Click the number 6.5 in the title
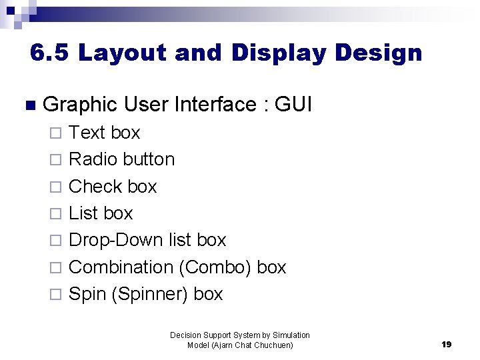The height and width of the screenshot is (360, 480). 49,53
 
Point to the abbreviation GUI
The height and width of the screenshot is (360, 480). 293,105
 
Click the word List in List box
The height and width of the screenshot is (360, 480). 83,213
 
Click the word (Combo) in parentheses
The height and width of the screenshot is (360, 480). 215,267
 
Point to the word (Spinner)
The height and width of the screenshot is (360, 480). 151,294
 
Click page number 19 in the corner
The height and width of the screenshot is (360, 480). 447,344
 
